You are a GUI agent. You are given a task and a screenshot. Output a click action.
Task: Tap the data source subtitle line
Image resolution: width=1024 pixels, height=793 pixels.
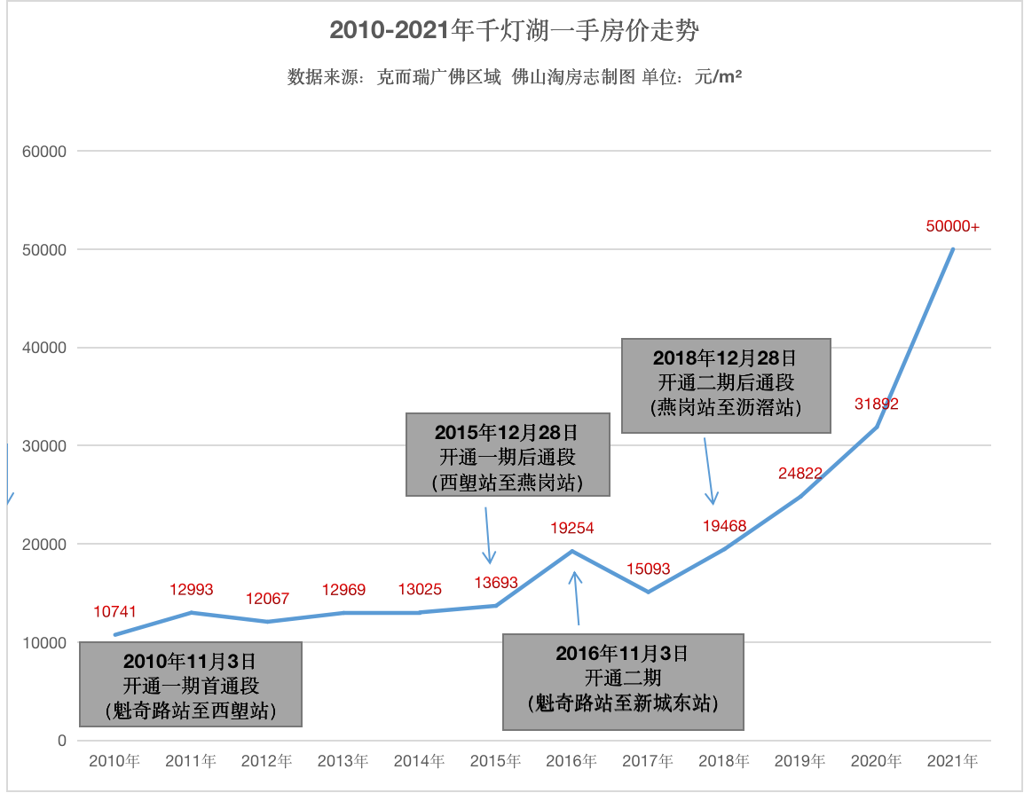[514, 77]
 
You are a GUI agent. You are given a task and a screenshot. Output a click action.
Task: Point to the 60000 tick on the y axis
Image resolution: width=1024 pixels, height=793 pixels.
[44, 152]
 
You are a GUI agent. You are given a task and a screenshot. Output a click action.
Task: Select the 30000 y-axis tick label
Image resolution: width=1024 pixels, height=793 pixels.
[44, 446]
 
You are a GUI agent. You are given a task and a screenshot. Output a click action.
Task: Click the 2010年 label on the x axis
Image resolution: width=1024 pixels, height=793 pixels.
[114, 761]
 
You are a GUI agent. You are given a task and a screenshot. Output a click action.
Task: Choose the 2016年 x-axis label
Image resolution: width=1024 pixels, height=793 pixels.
[571, 761]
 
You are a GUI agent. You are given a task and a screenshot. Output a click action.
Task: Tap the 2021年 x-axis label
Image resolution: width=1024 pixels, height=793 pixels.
[952, 761]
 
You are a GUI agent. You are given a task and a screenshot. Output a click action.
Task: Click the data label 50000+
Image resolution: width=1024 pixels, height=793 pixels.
[952, 226]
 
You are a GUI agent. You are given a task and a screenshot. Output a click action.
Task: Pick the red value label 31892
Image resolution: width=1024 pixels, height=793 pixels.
[877, 404]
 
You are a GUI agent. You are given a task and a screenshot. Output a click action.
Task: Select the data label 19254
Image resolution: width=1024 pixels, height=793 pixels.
[571, 528]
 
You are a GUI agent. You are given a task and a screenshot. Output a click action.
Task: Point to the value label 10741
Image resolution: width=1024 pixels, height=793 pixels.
[115, 612]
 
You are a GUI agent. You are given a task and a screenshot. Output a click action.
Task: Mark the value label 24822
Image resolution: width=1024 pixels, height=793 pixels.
[800, 473]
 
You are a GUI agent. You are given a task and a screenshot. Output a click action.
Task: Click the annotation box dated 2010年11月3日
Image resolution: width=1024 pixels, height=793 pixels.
[191, 685]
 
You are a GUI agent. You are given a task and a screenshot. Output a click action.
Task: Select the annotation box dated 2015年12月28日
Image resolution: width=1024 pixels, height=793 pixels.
[508, 454]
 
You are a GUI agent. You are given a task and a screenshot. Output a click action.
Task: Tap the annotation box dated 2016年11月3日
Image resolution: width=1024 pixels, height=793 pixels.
[623, 681]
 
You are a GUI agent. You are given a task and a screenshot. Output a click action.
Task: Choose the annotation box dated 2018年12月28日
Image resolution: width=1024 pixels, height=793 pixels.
[726, 385]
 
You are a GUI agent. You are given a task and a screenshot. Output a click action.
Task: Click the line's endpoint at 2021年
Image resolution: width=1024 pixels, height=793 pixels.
[953, 249]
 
